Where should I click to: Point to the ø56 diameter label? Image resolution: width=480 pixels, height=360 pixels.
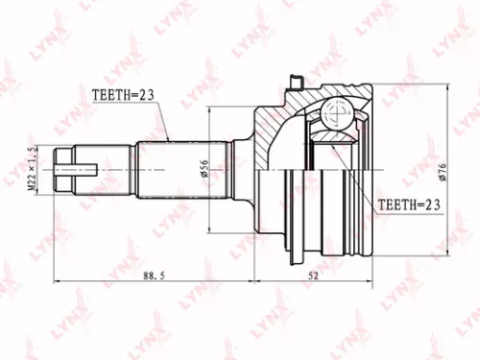pos(203,169)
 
